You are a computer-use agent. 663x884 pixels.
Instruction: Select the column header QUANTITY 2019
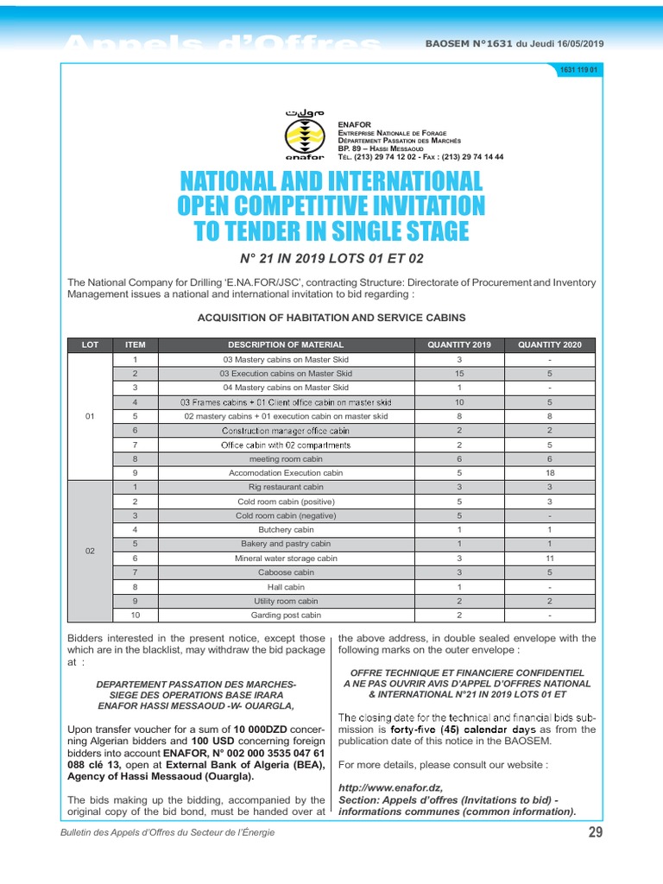(459, 344)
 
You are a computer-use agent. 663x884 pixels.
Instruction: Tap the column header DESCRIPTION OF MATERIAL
(286, 344)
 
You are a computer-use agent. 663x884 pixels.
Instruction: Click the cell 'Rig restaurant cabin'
(286, 487)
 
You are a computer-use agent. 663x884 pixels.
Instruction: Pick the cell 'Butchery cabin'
(286, 529)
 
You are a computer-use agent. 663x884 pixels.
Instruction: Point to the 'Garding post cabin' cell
(286, 615)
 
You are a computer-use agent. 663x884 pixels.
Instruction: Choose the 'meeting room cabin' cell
(286, 458)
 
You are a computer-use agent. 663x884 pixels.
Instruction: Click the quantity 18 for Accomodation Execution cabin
(550, 473)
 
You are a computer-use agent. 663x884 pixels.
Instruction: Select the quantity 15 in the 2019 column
(459, 373)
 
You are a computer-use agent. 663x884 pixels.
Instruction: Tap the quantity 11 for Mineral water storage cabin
(550, 558)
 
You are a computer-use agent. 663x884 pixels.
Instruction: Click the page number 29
(595, 832)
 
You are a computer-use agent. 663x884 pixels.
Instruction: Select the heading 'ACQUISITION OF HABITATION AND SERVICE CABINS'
(331, 318)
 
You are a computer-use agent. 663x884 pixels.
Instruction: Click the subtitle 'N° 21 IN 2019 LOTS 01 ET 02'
(331, 258)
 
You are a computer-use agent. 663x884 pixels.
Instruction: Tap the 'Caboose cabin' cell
(286, 571)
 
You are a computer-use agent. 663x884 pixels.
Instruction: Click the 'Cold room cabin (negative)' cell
(286, 515)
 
